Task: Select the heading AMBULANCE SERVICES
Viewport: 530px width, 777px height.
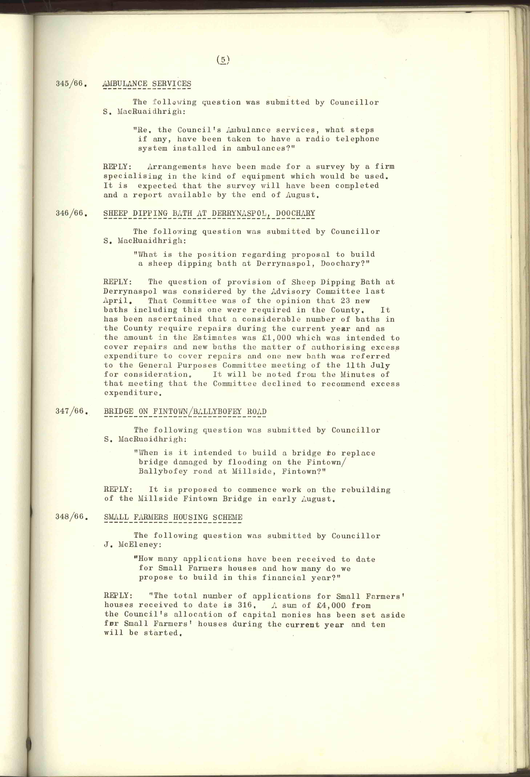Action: pyautogui.click(x=147, y=84)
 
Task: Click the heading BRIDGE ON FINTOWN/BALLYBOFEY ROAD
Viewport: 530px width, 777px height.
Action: pyautogui.click(x=185, y=411)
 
